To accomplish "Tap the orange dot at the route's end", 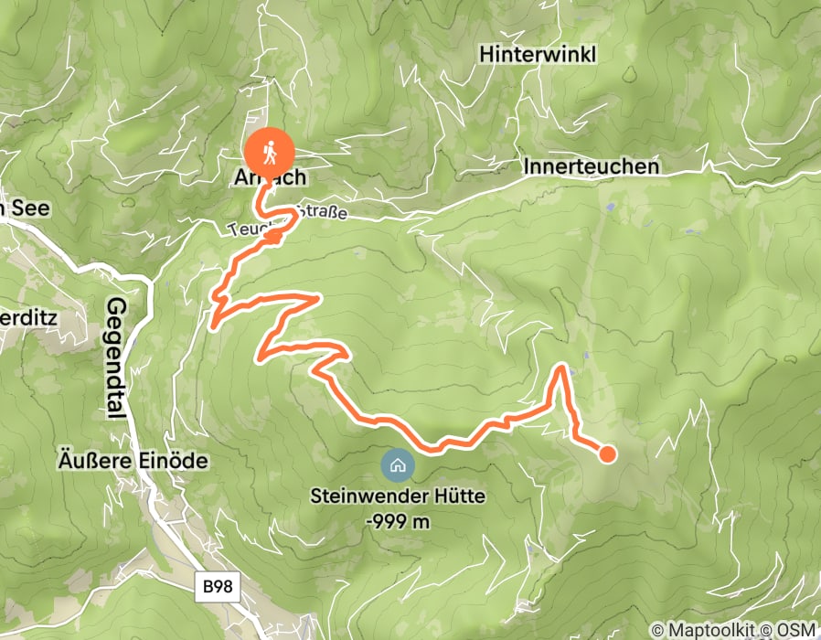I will pos(606,453).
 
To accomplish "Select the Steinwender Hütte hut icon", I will pos(398,465).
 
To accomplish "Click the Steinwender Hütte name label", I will pos(398,498).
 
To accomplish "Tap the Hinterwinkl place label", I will pos(538,55).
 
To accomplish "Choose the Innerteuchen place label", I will pos(591,167).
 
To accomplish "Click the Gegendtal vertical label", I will pos(116,357).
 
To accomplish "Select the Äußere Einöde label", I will pos(133,460).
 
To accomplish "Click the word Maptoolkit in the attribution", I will pos(705,629).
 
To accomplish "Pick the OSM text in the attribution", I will pos(798,629).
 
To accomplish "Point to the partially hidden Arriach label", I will pos(270,178).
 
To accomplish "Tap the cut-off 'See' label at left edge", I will pos(26,208).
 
